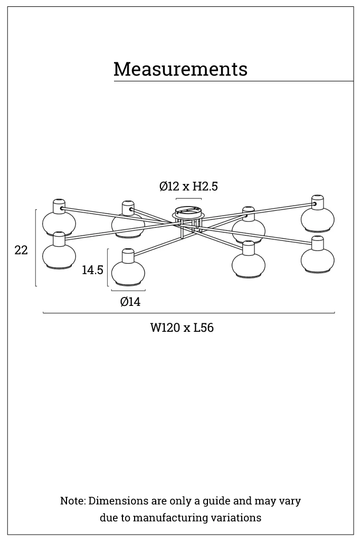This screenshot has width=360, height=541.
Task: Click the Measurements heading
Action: [181, 69]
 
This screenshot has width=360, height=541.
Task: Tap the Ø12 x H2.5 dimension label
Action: [188, 186]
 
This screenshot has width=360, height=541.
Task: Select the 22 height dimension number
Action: [21, 250]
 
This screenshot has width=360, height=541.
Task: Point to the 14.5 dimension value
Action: [92, 270]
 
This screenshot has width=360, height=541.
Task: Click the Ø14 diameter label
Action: [130, 302]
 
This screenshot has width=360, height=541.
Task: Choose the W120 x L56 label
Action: [182, 328]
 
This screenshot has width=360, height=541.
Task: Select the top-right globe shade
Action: [317, 219]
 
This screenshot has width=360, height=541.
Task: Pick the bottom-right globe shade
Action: [317, 260]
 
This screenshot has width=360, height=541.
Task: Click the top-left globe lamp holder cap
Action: [59, 206]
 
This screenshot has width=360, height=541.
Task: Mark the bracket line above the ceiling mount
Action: [188, 199]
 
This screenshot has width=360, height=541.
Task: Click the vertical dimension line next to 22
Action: [36, 248]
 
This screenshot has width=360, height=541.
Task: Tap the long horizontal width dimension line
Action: [188, 313]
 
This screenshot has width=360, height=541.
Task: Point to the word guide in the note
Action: [216, 501]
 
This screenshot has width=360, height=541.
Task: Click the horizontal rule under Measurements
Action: [233, 81]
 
